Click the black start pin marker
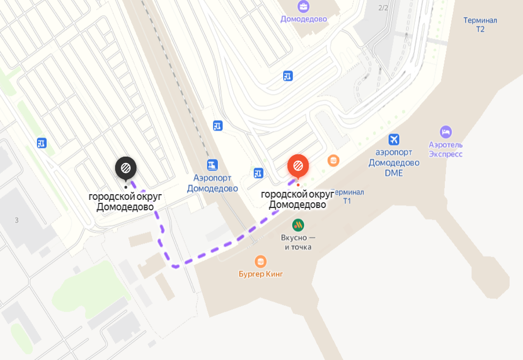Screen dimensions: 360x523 125,169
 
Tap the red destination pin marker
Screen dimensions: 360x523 298,166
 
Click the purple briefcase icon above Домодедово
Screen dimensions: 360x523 303,7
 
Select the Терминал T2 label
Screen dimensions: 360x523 480,24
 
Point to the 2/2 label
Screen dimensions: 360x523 383,8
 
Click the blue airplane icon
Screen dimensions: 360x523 394,139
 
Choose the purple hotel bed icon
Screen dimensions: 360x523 446,132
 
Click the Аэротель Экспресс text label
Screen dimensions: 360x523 446,149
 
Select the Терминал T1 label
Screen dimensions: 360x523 348,196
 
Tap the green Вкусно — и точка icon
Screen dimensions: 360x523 298,224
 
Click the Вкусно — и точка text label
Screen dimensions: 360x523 298,243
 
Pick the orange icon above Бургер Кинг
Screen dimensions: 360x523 261,261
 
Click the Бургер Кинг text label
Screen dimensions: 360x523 261,274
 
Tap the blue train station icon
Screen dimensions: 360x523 213,165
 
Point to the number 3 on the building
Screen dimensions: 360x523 17,220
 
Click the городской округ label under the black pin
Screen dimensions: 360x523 125,202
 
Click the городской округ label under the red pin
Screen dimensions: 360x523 298,199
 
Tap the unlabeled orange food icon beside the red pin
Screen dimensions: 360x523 333,160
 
